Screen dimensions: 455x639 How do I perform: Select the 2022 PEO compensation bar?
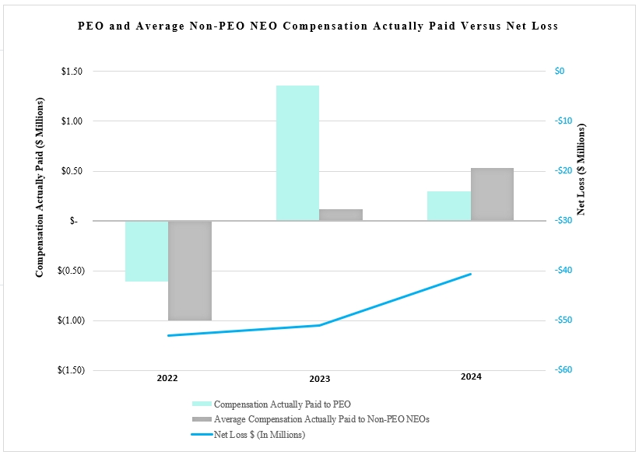(146, 251)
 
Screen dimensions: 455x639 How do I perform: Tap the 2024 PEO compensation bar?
(449, 206)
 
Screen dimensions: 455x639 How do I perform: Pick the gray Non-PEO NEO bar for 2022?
(190, 271)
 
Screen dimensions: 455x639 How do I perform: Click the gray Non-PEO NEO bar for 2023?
(341, 215)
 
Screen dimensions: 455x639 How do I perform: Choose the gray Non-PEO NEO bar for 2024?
(492, 194)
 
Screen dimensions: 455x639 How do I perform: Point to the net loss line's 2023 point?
(319, 325)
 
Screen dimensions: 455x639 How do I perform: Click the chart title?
(318, 26)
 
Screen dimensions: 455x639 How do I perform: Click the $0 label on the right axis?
(560, 72)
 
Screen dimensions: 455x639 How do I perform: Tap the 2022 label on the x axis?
(167, 379)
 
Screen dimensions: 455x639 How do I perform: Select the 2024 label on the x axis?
(471, 377)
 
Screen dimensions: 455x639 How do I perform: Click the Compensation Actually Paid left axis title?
(40, 187)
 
